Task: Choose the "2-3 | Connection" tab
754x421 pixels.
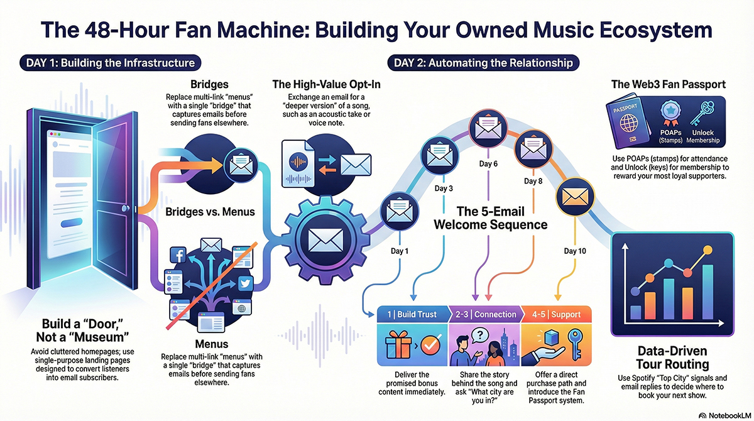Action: (484, 314)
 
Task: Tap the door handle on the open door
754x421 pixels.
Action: (130, 208)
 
